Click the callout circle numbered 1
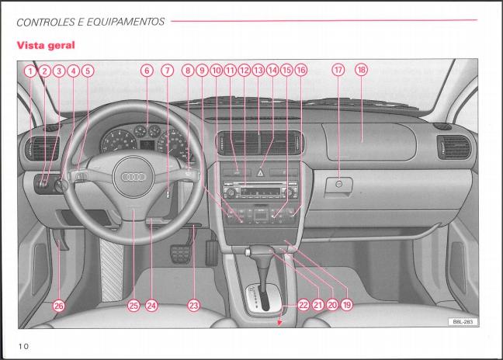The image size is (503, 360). [30, 71]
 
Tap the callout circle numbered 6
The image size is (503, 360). [147, 71]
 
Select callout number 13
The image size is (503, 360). [258, 70]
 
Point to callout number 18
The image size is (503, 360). [361, 70]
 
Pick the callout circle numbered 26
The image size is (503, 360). [59, 306]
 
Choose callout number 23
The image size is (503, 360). [193, 306]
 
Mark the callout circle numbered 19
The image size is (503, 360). [347, 305]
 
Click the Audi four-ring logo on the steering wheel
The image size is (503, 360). [134, 177]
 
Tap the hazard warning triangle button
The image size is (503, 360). [260, 173]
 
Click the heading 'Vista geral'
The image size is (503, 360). [46, 45]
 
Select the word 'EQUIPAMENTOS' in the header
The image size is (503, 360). [126, 22]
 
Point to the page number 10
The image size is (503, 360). [23, 346]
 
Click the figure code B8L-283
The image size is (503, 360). [463, 321]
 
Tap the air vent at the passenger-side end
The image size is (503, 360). [454, 147]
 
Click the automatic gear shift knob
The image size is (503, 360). [261, 251]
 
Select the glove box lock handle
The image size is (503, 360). [338, 185]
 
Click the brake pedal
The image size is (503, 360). [181, 254]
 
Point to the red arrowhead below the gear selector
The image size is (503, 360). [279, 323]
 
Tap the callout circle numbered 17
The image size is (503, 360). [338, 70]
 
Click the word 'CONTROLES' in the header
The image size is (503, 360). [46, 22]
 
